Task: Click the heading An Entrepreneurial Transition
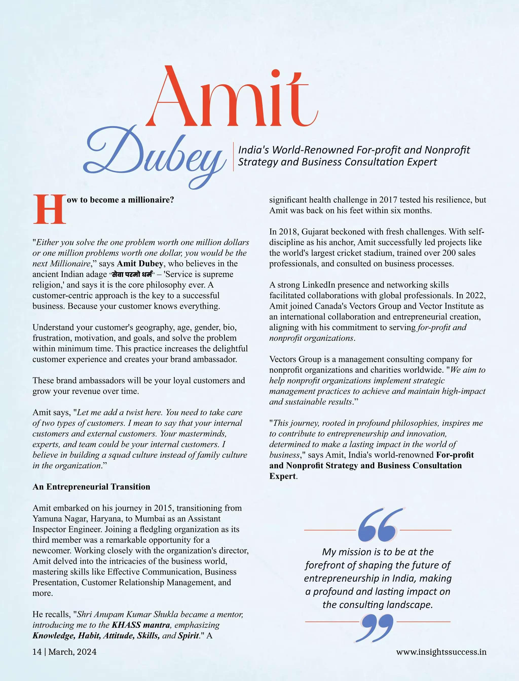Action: [x=91, y=487]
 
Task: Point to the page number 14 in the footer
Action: [x=37, y=652]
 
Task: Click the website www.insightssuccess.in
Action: [x=441, y=652]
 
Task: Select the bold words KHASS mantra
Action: [x=141, y=625]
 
